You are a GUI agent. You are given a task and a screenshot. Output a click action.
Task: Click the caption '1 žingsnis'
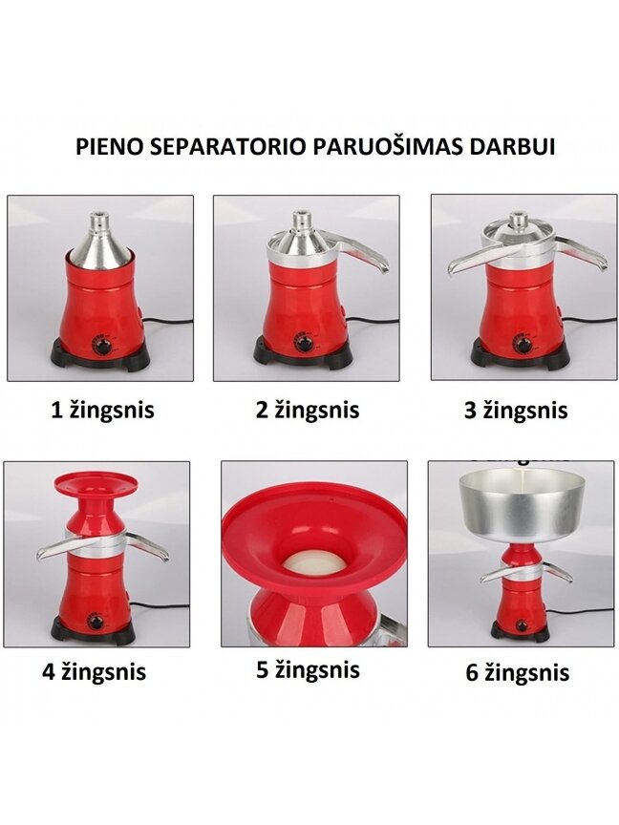click(102, 411)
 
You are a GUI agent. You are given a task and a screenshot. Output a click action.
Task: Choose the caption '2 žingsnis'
click(308, 411)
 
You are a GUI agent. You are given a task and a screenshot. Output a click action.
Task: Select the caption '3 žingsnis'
click(516, 411)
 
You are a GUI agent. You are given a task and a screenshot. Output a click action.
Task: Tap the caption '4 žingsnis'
click(95, 672)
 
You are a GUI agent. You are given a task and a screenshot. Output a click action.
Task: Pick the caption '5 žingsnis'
click(308, 669)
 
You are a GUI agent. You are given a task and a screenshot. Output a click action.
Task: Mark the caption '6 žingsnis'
click(517, 673)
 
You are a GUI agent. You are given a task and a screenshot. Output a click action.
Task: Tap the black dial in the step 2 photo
click(304, 345)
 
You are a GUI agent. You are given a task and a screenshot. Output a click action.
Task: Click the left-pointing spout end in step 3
click(452, 269)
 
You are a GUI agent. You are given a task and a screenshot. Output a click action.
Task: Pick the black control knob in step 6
click(523, 625)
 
